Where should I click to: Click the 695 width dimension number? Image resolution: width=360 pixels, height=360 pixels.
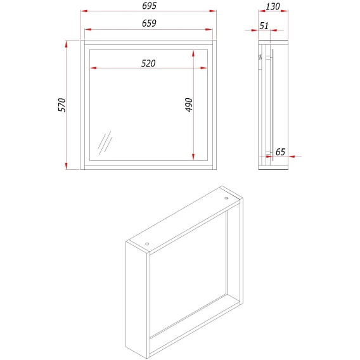(149, 6)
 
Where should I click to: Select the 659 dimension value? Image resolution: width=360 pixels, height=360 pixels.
(149, 23)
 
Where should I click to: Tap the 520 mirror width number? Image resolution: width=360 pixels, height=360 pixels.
(148, 63)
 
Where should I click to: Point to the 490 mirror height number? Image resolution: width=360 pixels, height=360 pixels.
(189, 105)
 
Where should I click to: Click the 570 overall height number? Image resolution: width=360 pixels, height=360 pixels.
(61, 105)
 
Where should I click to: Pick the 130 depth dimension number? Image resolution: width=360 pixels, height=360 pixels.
(273, 6)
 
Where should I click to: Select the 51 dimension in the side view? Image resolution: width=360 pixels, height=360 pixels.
(264, 26)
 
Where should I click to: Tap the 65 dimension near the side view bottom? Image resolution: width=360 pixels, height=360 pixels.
(280, 151)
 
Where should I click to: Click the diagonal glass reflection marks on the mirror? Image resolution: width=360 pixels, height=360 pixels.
(105, 143)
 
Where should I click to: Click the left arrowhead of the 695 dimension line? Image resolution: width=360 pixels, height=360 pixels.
(84, 11)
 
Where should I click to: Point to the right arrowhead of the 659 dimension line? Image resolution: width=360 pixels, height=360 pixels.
(209, 29)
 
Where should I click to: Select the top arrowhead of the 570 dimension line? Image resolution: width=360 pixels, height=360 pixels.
(67, 44)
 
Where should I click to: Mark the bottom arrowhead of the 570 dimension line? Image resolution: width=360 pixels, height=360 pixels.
(67, 166)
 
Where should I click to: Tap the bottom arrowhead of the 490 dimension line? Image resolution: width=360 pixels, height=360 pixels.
(193, 157)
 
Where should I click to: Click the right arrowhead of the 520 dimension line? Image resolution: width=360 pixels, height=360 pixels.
(204, 68)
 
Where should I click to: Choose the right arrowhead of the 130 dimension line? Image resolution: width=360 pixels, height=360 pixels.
(285, 11)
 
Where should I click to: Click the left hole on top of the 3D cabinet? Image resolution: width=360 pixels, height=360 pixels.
(147, 244)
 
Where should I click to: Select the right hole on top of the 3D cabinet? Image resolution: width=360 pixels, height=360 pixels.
(226, 198)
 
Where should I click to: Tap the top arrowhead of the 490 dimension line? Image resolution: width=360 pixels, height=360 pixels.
(193, 53)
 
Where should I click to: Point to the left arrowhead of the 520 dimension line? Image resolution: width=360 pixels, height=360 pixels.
(93, 68)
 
